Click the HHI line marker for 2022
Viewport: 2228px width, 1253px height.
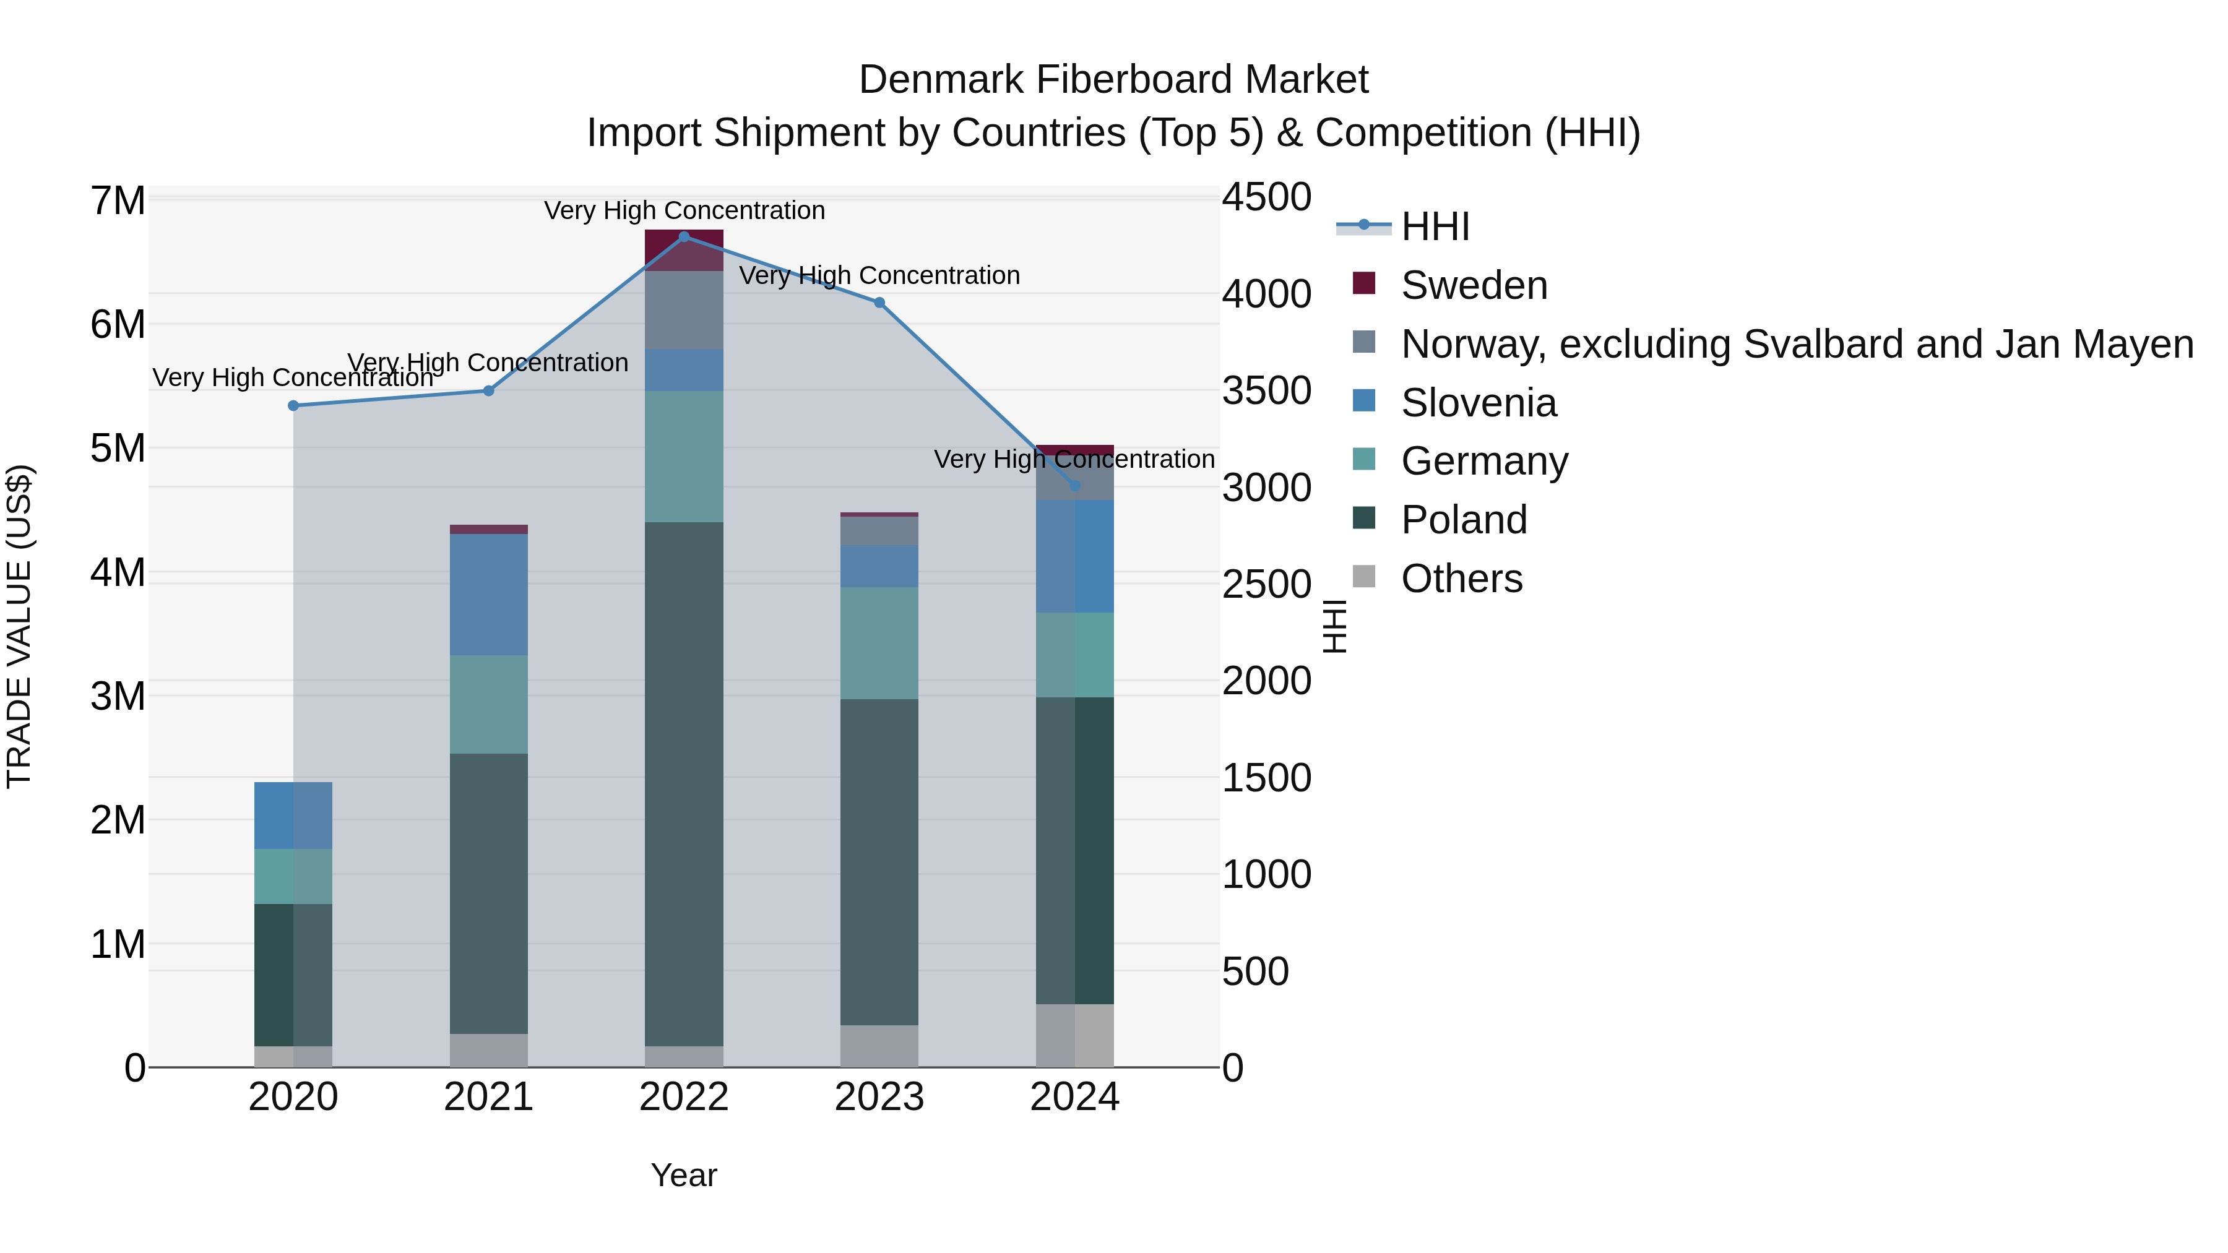(x=684, y=237)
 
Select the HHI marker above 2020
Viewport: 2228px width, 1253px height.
(x=293, y=405)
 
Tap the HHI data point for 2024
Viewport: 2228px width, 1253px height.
(x=1075, y=486)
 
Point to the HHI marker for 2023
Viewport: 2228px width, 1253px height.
(x=879, y=303)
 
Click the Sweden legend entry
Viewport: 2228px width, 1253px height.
(x=1474, y=285)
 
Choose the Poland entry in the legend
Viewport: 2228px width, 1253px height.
(x=1464, y=520)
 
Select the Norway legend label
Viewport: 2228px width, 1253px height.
(x=1797, y=344)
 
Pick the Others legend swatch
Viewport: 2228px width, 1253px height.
(x=1364, y=577)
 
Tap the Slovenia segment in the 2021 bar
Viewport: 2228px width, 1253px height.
(x=489, y=594)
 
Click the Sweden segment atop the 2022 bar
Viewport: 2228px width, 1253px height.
(x=684, y=251)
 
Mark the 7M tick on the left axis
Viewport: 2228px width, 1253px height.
(x=118, y=202)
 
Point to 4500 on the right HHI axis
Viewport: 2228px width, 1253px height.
(x=1266, y=197)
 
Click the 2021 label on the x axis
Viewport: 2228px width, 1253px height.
(x=489, y=1097)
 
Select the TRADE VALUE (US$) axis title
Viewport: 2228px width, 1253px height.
(x=19, y=626)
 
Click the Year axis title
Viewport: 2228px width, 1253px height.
(x=683, y=1175)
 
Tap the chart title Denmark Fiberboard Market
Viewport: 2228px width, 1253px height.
(x=1113, y=80)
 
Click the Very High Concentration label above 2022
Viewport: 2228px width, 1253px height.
(x=684, y=210)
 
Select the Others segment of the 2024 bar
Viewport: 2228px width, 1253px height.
(x=1075, y=1035)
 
